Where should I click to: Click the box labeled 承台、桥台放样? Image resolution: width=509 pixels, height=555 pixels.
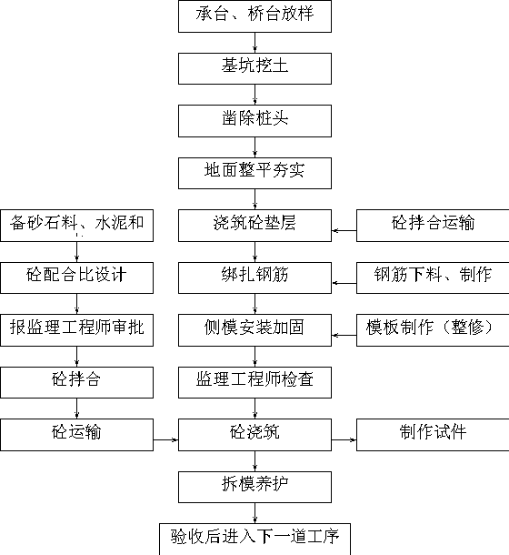tap(254, 16)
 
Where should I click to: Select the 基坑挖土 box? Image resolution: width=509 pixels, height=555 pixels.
tap(254, 68)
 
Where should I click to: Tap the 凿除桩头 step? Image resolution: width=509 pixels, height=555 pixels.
tap(254, 121)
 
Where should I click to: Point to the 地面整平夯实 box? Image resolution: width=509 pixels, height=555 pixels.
tap(254, 173)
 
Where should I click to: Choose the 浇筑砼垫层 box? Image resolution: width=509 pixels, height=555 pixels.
tap(254, 226)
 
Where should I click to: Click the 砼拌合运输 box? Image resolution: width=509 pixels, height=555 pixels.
tap(433, 226)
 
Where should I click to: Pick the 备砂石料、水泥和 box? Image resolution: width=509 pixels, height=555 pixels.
tap(76, 226)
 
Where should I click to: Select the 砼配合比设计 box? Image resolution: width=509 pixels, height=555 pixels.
tap(76, 277)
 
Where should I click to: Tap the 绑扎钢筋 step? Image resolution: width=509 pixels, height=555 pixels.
tap(254, 277)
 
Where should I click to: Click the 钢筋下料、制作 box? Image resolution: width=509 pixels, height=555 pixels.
tap(433, 277)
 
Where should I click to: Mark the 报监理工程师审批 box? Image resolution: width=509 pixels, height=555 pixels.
tap(76, 330)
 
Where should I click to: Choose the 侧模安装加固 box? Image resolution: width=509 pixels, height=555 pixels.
tap(254, 330)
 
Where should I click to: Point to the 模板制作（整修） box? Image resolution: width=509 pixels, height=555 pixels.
tap(433, 330)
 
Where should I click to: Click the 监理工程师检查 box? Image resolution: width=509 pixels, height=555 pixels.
tap(254, 382)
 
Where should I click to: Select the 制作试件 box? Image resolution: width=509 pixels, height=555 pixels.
tap(433, 435)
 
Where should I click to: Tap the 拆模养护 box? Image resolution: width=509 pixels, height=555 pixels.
tap(254, 487)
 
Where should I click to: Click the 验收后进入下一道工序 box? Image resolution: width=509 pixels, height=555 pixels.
tap(254, 539)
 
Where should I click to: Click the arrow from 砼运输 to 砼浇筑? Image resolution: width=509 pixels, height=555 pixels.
tap(166, 440)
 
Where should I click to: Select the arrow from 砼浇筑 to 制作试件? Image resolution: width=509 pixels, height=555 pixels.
tap(344, 440)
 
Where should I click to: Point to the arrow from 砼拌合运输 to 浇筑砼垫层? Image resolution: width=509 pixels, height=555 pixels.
tap(344, 231)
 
